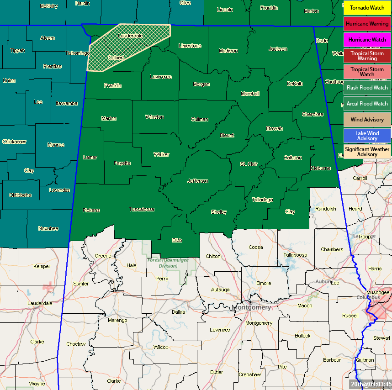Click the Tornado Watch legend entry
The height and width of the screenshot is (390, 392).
point(367,8)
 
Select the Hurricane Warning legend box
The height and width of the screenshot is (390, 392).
point(367,24)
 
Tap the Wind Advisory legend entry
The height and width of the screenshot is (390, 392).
point(367,120)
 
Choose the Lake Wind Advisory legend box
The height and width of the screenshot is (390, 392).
point(367,136)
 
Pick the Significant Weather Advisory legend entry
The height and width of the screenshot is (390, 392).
point(367,152)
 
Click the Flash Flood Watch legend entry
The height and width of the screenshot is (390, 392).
point(367,88)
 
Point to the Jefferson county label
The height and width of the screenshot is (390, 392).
point(198,181)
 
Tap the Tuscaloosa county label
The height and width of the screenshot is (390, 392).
point(142,210)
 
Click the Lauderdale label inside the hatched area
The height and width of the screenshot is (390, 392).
point(130,36)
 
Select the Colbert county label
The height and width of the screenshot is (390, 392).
point(116,58)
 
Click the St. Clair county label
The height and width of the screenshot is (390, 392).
point(249,163)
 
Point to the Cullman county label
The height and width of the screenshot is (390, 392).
point(200,120)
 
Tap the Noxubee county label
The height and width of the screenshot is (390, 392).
point(48,228)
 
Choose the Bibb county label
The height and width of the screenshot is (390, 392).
point(177,240)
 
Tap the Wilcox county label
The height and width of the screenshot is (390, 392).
point(161,347)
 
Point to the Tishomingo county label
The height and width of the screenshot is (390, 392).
point(77,53)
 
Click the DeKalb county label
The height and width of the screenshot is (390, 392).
point(295,84)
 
